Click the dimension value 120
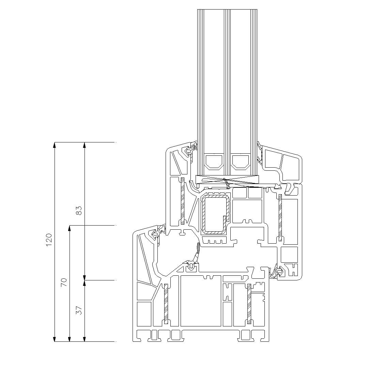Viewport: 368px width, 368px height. (x=49, y=240)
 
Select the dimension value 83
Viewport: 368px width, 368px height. (x=79, y=211)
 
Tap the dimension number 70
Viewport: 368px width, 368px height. (x=64, y=282)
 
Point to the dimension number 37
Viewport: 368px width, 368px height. (x=79, y=310)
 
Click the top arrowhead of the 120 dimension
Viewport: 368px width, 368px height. (x=55, y=145)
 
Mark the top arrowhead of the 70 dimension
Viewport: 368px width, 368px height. (x=70, y=228)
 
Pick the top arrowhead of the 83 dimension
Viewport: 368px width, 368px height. (x=85, y=145)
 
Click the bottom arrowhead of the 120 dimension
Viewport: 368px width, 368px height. (x=55, y=339)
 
